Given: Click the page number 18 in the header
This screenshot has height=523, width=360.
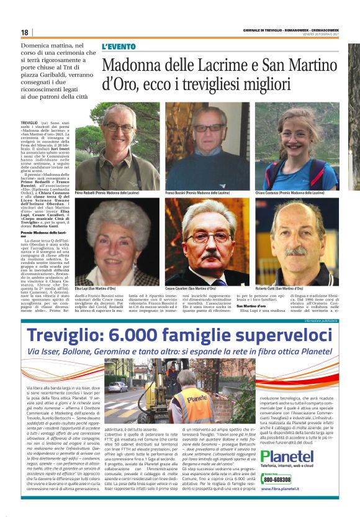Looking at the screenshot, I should tap(24, 32).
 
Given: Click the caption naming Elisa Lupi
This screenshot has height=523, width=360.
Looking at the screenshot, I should tap(95, 289).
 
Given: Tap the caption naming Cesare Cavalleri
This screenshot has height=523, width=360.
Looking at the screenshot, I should tap(193, 289).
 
